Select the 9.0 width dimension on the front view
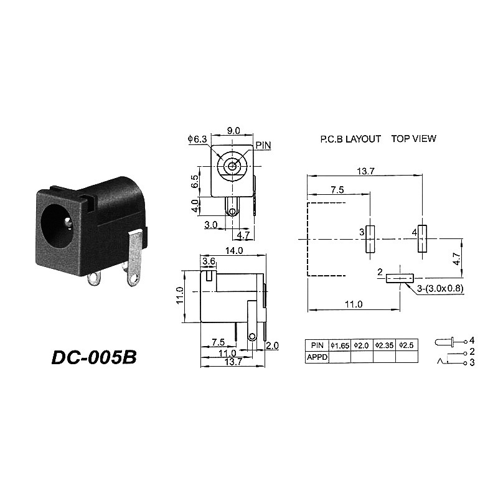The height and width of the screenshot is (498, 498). [233, 131]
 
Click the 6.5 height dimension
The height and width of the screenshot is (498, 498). [195, 182]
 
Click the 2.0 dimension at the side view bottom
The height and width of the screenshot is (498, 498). [272, 345]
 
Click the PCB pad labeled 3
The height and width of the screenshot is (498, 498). [369, 238]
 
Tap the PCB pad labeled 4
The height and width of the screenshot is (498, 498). [422, 238]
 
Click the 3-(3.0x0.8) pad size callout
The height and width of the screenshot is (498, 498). [441, 288]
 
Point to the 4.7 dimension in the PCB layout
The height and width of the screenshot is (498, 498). [458, 259]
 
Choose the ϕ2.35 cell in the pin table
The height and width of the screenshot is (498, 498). [384, 345]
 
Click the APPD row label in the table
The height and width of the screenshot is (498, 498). [316, 357]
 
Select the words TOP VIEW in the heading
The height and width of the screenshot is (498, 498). [413, 138]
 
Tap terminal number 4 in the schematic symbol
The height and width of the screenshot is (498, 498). [472, 341]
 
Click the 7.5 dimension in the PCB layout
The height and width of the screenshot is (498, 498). [338, 189]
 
